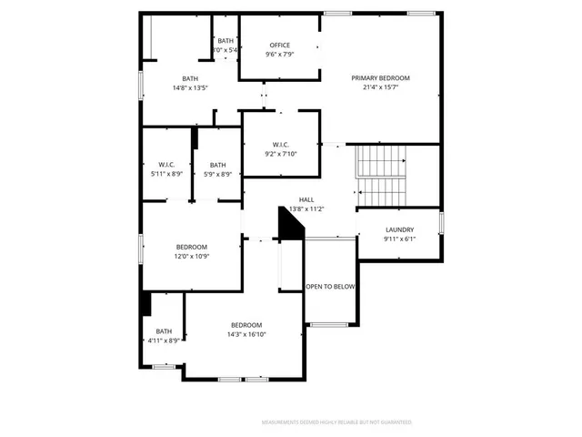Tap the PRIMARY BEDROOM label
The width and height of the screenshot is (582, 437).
click(381, 78)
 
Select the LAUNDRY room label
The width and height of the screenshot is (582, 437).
click(399, 229)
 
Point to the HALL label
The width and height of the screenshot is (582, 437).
click(306, 199)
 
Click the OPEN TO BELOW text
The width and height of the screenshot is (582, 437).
click(330, 287)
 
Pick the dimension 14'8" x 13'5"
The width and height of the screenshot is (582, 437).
click(189, 88)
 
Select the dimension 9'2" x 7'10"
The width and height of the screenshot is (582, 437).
click(280, 154)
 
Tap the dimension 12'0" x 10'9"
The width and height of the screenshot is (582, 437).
click(191, 257)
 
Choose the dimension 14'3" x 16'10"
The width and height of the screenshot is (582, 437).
click(246, 334)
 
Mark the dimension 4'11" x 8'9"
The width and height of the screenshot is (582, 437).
click(164, 340)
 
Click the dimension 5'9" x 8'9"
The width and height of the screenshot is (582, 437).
click(217, 174)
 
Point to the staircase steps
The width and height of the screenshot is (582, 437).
click(378, 176)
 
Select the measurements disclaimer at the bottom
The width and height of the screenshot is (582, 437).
click(336, 422)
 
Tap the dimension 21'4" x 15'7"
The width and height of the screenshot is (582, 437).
click(381, 87)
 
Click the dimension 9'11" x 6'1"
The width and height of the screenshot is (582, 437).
click(399, 239)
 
